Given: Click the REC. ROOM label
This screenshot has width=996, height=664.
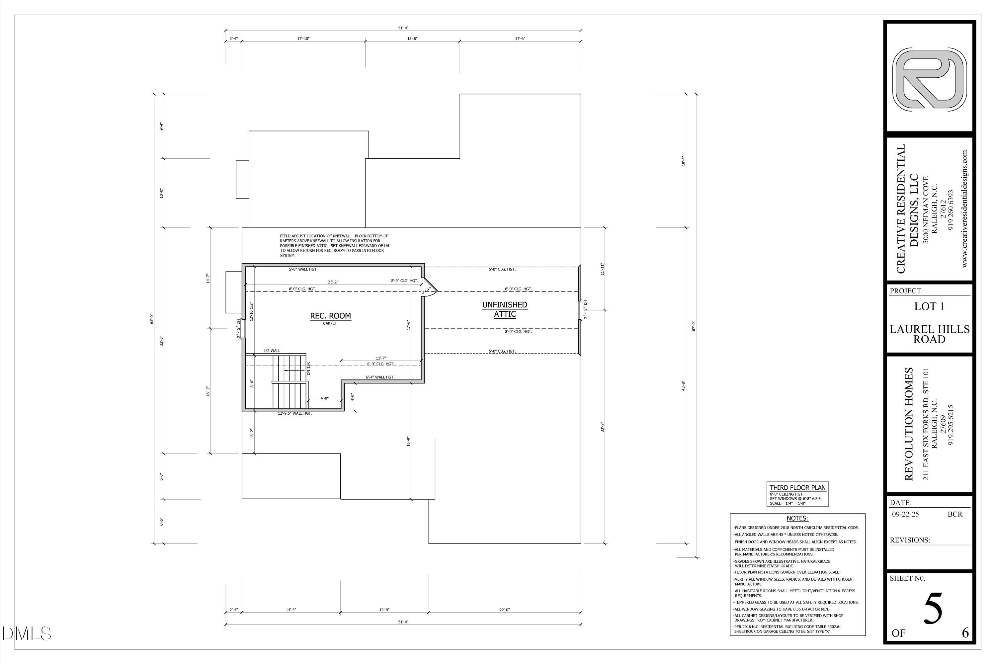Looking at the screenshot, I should point(330,316).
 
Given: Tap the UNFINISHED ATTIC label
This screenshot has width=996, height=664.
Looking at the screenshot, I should point(504,309).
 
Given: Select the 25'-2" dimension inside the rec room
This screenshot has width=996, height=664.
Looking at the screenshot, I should point(333,282).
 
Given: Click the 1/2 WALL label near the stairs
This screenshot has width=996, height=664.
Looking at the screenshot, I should point(272,351).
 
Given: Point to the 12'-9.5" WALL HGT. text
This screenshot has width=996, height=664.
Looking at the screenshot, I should point(295,413).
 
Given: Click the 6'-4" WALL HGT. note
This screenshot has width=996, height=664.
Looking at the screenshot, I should point(380,377).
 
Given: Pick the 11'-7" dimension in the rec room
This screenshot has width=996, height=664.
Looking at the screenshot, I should point(381,358).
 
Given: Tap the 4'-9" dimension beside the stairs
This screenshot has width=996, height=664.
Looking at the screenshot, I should point(324,398).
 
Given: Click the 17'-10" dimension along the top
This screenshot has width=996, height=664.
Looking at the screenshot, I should point(303,39).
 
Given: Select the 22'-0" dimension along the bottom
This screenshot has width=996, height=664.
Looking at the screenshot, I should point(504,610).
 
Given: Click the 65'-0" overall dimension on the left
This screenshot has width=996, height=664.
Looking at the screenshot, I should point(151,318).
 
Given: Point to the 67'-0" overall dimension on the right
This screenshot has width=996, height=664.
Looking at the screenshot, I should point(694,326).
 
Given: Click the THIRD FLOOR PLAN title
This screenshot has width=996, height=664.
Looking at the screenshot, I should point(797,487).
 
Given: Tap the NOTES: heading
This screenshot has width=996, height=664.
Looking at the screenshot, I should point(797,518).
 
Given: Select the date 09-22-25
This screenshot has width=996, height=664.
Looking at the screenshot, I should point(905,514).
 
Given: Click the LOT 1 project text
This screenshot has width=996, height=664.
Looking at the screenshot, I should point(929,306).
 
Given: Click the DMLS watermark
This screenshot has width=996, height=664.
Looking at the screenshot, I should point(26,633).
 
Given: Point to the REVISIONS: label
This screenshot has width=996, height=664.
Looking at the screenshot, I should point(910,540).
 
